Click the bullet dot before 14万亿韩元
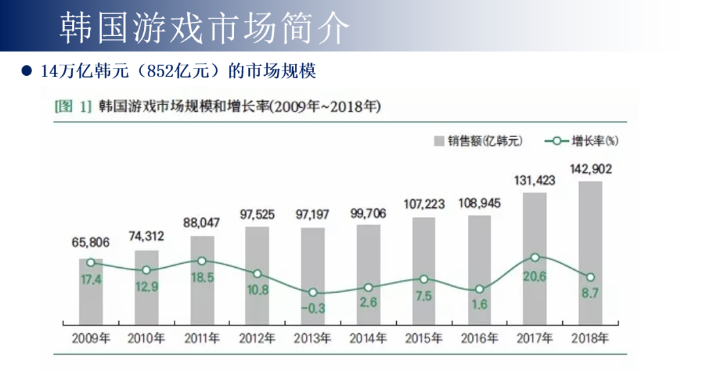click(27, 71)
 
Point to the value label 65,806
click(91, 243)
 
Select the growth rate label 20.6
click(535, 276)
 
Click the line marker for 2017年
click(535, 258)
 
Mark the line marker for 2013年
click(313, 293)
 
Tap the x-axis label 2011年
click(202, 338)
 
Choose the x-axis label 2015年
click(424, 338)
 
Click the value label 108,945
click(479, 203)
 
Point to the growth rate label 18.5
click(202, 278)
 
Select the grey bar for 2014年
click(369, 274)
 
